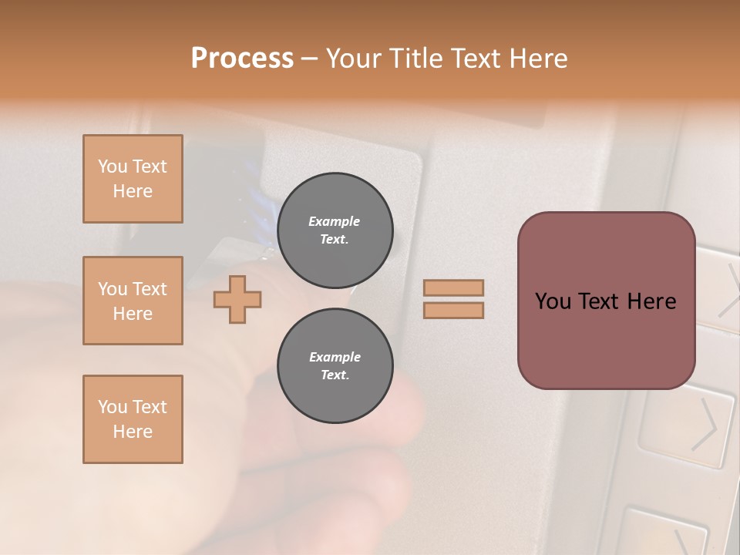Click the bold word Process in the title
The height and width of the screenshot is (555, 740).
pyautogui.click(x=242, y=59)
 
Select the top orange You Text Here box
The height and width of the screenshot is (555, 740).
pyautogui.click(x=133, y=179)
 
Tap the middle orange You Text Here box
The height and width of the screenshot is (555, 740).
pyautogui.click(x=133, y=301)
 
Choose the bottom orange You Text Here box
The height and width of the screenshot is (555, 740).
pyautogui.click(x=133, y=419)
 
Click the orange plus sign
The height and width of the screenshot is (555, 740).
pyautogui.click(x=237, y=299)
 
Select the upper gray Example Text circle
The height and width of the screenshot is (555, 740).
pyautogui.click(x=335, y=230)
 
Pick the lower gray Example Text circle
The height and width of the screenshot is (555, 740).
pyautogui.click(x=335, y=366)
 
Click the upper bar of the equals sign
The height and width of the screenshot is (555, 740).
pyautogui.click(x=453, y=288)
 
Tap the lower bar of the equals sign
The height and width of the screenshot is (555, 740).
pyautogui.click(x=453, y=310)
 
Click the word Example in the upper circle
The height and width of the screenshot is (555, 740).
pyautogui.click(x=335, y=221)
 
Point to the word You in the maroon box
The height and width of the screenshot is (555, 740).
pyautogui.click(x=553, y=301)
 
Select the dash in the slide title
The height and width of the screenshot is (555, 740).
pyautogui.click(x=309, y=59)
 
